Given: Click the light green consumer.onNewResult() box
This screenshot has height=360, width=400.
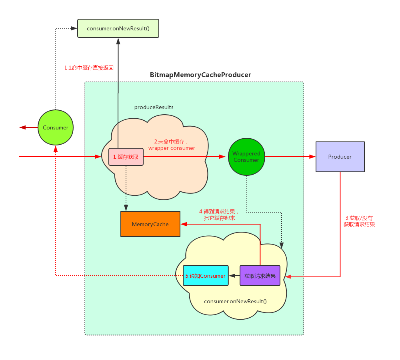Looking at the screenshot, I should pos(118,28).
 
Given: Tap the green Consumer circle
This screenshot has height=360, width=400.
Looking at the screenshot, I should pos(56,127).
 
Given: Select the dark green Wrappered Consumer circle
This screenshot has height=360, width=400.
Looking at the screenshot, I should pos(246,157).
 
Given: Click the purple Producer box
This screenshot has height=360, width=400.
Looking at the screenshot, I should pos(340,157).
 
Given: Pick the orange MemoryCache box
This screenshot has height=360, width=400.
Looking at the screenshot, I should pos(150,224).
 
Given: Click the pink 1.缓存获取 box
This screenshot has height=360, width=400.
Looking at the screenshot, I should pos(126,157).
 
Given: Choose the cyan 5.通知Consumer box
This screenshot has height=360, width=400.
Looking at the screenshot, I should pos(206,276).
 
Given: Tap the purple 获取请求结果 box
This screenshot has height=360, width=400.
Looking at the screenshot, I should pos(260,276).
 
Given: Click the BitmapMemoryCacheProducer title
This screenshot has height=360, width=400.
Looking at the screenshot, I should pos(200,75).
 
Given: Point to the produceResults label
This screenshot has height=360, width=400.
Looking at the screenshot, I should pos(154,107).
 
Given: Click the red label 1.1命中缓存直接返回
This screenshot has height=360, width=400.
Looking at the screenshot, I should pos(89,68).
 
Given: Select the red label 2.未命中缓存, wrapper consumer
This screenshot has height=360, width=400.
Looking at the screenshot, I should pos(172,145).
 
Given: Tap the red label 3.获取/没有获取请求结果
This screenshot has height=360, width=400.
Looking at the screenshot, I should pos(359,221).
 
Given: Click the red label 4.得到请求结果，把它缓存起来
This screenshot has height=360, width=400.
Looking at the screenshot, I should pos(219,215).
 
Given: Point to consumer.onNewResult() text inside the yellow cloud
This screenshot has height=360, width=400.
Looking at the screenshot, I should pos(235,301).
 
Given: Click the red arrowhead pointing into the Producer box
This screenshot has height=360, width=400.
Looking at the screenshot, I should pos(312,157).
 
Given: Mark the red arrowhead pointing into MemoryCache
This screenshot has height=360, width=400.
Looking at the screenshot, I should pos(184,224).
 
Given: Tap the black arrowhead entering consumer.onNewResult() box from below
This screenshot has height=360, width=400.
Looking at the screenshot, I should pos(118,41).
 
